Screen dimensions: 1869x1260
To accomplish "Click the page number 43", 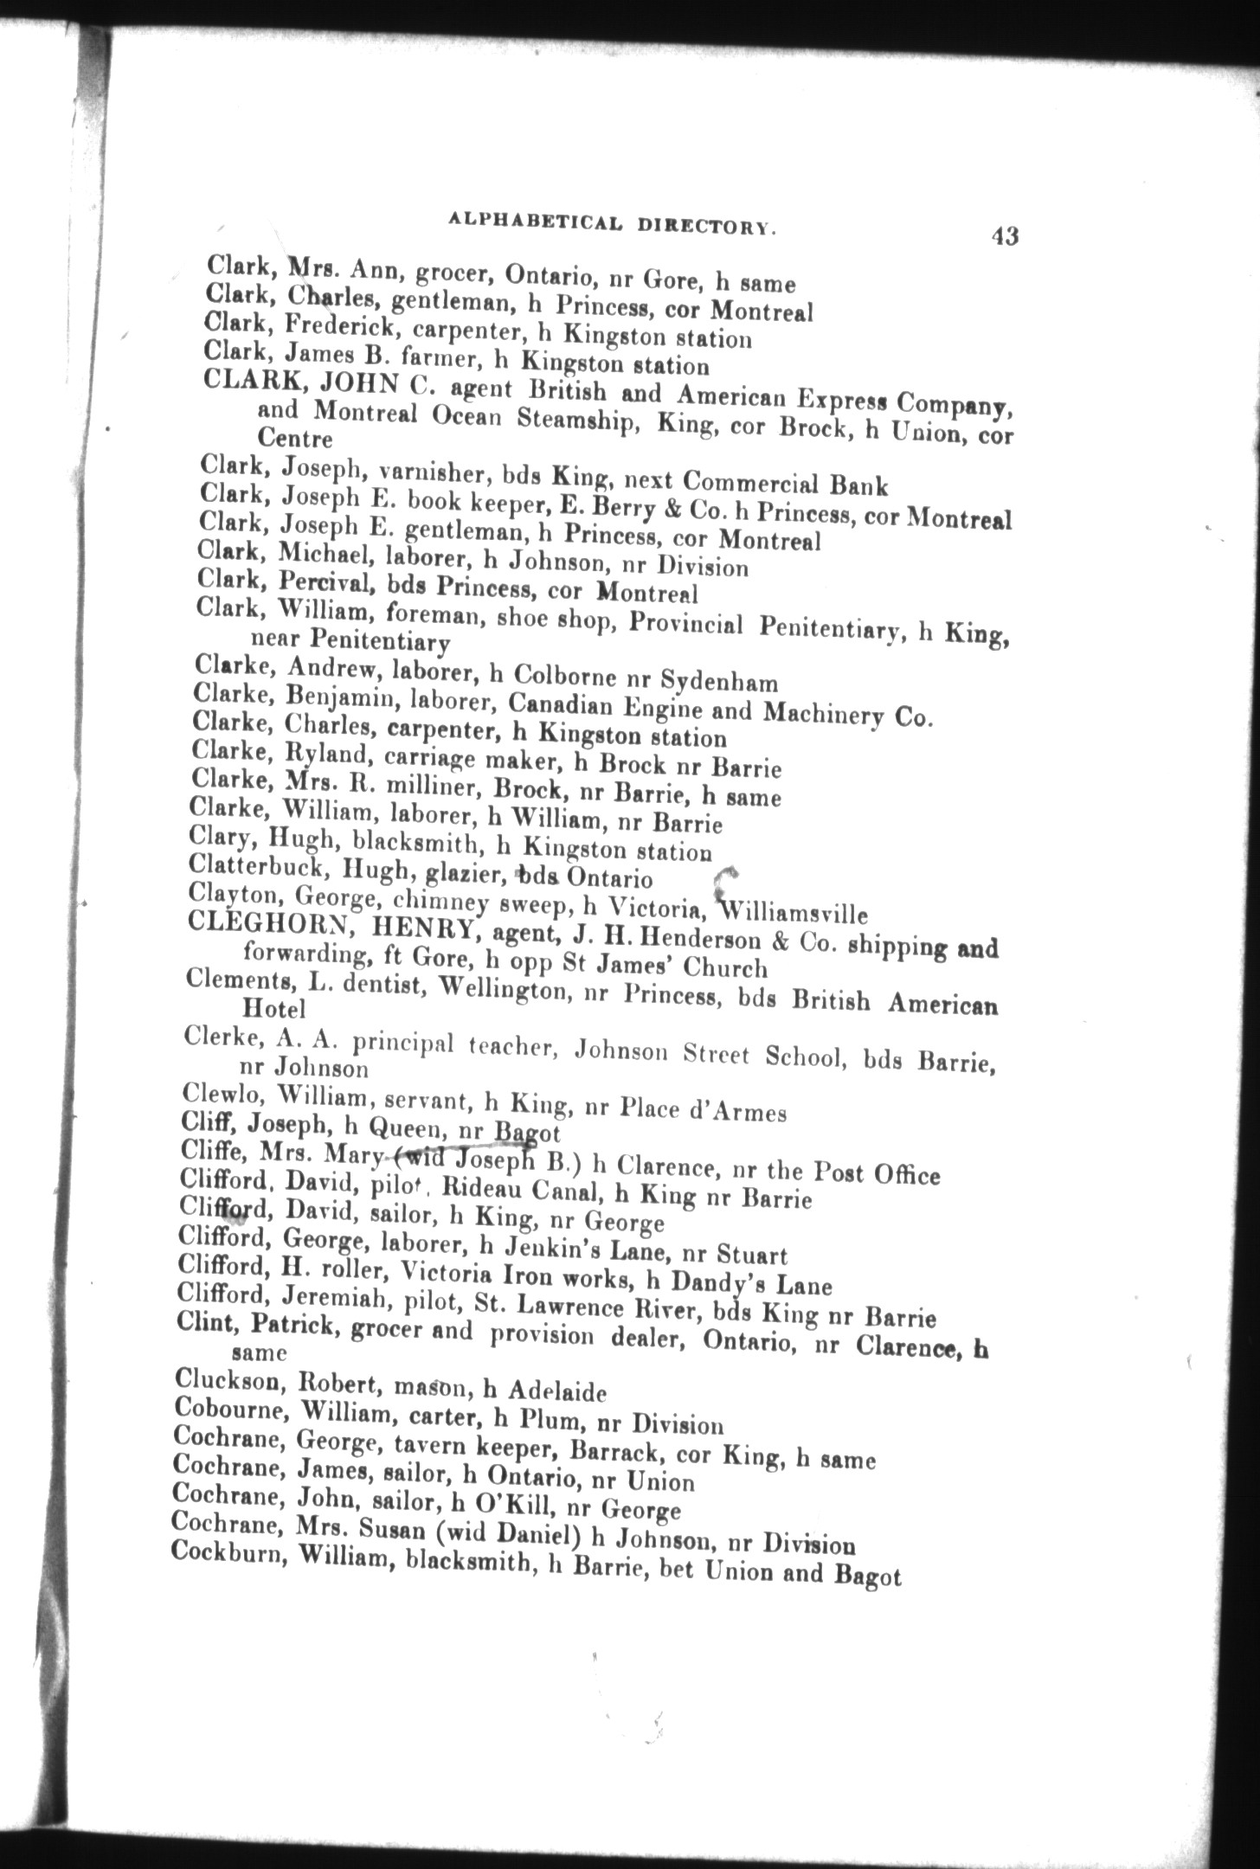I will [1006, 236].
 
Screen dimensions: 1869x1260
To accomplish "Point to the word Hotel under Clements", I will [274, 1008].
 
